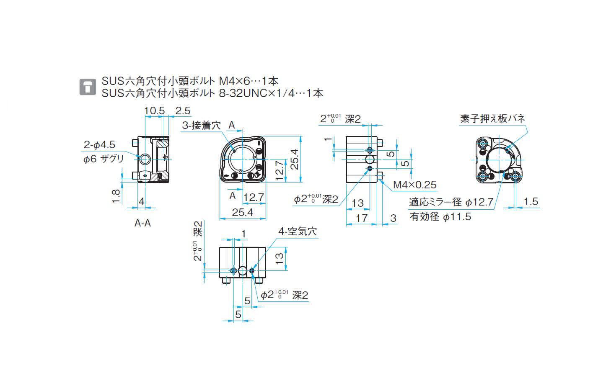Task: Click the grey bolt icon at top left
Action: point(87,87)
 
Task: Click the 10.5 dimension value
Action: point(154,111)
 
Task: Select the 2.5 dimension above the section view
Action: point(183,111)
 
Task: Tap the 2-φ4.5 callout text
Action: point(99,145)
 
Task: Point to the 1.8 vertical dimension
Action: point(116,195)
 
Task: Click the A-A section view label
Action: point(142,223)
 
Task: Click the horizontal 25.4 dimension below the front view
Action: point(243,212)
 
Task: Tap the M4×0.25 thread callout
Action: point(414,185)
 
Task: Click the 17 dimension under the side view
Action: point(362,218)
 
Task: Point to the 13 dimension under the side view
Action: point(358,203)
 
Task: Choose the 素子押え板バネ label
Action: point(492,118)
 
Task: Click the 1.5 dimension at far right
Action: point(531,201)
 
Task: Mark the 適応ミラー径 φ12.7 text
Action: point(451,202)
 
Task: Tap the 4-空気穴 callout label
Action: point(298,231)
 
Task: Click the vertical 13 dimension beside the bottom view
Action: point(280,256)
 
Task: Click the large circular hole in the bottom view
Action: point(243,270)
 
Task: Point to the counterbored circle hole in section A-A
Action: point(145,159)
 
